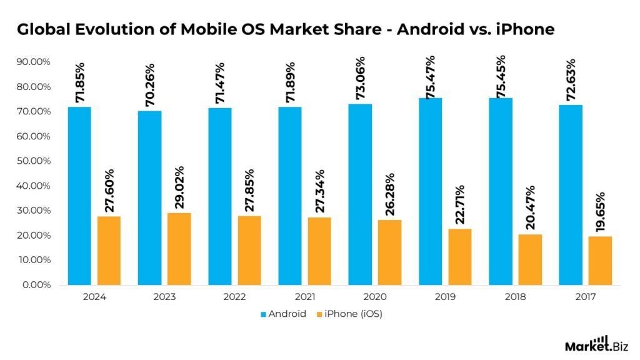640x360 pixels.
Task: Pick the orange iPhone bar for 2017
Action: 600,261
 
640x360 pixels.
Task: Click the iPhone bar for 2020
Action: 389,252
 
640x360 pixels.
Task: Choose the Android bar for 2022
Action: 219,196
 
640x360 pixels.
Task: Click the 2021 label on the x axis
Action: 304,297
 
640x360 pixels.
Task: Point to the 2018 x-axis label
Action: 515,297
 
